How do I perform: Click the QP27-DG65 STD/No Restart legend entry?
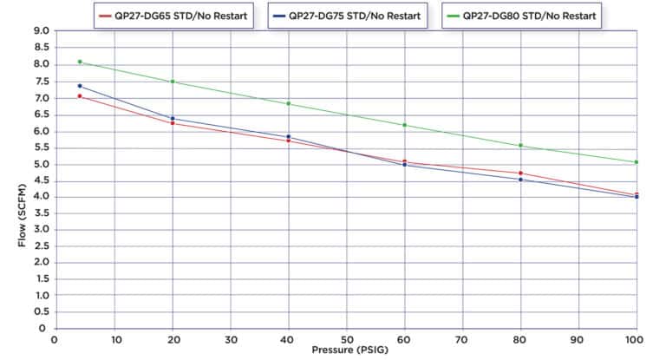point(173,16)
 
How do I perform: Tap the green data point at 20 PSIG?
point(173,82)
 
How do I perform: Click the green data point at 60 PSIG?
point(404,125)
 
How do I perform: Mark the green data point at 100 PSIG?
point(637,162)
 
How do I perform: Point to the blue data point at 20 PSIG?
point(173,119)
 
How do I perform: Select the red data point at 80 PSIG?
point(520,173)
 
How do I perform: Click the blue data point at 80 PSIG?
point(520,180)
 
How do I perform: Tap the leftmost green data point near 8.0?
point(80,62)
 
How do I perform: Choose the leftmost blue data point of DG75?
point(80,86)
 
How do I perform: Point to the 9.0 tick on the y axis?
point(40,31)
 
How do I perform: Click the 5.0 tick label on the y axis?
point(40,164)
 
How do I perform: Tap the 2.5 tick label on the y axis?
point(40,246)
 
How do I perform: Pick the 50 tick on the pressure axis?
point(347,339)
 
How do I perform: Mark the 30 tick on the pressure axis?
point(231,339)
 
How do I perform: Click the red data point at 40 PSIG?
point(289,141)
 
